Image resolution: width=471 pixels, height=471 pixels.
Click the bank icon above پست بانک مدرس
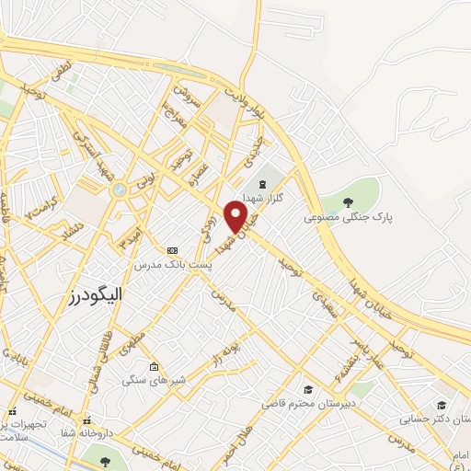[172, 249]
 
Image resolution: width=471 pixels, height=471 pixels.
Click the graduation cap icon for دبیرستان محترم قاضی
[308, 389]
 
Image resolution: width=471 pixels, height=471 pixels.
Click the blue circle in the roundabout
[119, 189]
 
